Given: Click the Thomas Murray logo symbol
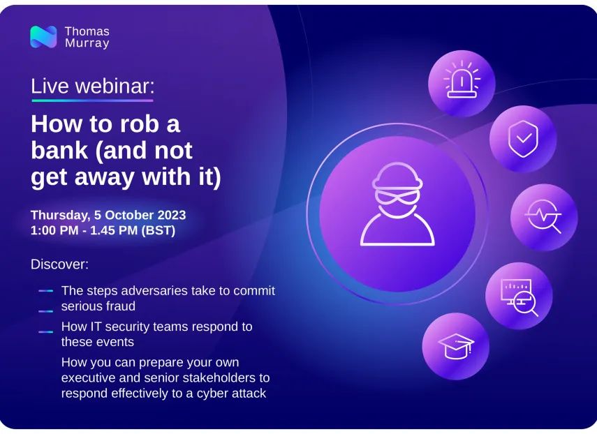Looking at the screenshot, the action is [43, 37].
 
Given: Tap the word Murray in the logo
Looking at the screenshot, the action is [87, 43].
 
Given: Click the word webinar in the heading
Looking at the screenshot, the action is [115, 87].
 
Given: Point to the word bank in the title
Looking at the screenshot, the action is [59, 150].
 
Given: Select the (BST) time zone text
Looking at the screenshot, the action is [159, 230].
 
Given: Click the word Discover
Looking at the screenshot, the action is [59, 264].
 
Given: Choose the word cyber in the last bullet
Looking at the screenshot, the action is [212, 394].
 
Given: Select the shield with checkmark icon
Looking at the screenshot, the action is [523, 139].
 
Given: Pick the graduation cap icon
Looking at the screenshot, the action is [456, 346].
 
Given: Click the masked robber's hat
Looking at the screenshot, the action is [397, 177].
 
